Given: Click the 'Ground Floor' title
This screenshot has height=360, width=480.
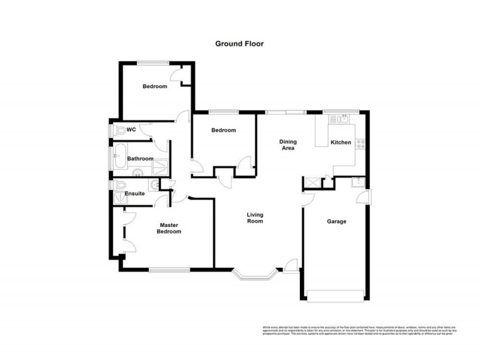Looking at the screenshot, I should click(x=239, y=43).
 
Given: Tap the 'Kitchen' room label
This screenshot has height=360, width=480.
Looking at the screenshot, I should click(x=341, y=143).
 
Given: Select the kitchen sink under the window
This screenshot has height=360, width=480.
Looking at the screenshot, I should click(x=343, y=118).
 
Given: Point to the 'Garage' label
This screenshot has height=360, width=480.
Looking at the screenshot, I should click(x=336, y=221).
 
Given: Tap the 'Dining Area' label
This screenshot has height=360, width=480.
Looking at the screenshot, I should click(x=288, y=145).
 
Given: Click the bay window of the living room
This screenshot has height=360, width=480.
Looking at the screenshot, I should click(x=254, y=275).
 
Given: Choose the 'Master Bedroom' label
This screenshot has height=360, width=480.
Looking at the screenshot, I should click(x=169, y=229).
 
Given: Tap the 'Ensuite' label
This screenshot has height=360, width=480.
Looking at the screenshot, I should click(x=135, y=194).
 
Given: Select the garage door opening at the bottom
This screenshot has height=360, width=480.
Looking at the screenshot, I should click(x=335, y=294).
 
